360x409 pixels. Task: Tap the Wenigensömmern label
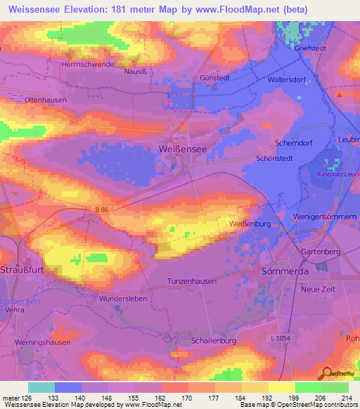pos(324,218)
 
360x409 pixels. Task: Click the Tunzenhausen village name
pos(191,280)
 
